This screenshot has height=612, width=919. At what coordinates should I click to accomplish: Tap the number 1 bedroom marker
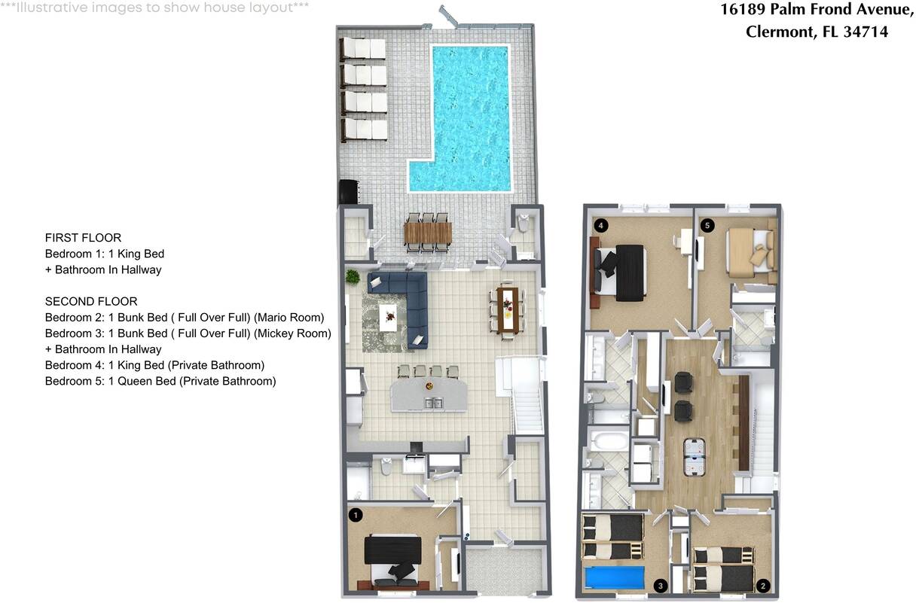tap(356, 515)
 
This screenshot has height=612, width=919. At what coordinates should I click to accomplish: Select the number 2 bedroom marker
tap(762, 586)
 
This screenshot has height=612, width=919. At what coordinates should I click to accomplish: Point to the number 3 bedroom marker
tap(660, 586)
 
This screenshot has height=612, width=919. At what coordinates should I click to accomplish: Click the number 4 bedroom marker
tap(601, 225)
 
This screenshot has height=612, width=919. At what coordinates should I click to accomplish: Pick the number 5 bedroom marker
tap(707, 225)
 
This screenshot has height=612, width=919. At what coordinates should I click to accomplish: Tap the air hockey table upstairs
tap(695, 457)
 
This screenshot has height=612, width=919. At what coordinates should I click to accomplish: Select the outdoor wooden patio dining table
tap(428, 233)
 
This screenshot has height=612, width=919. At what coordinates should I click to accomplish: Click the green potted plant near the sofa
tap(352, 277)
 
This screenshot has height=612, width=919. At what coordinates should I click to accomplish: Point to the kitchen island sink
tap(433, 403)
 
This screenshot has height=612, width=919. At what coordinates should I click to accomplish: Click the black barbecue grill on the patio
tap(348, 192)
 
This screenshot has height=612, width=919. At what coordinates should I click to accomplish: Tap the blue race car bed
tap(614, 577)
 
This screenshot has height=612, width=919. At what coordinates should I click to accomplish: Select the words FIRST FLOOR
tap(83, 238)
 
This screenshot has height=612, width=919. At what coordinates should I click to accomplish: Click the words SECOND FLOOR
tap(91, 301)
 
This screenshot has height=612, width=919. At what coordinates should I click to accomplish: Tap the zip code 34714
tap(866, 32)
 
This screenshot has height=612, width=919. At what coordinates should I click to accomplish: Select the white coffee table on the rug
tap(388, 317)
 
